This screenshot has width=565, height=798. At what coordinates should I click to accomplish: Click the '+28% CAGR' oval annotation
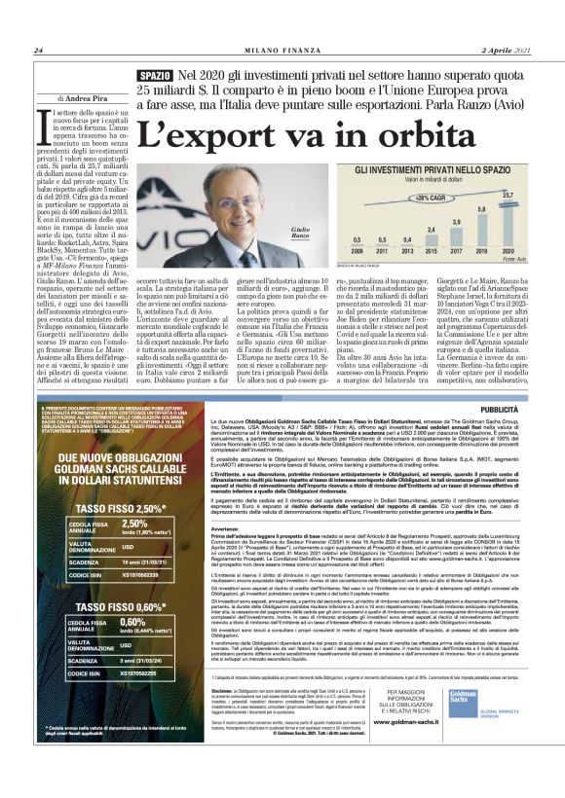(x=427, y=196)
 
